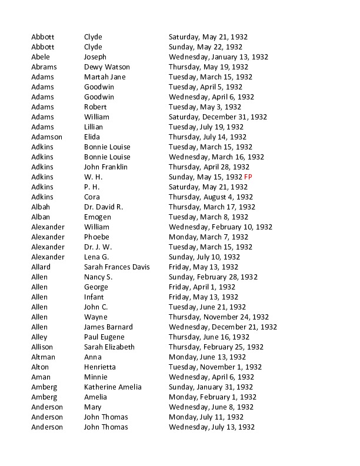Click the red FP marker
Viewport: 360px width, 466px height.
coord(248,177)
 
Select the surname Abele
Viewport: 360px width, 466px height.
coord(41,57)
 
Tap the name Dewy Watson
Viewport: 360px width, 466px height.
coord(107,67)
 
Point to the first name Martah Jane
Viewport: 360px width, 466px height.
coord(105,77)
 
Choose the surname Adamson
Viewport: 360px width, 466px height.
coord(46,137)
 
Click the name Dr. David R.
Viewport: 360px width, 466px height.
coord(104,207)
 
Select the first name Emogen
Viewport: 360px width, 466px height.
coord(98,217)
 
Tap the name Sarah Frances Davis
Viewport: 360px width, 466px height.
coord(117,267)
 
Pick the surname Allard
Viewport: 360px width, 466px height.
coord(41,267)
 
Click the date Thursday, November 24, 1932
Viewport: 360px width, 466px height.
coord(219,317)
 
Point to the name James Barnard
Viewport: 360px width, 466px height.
coord(108,327)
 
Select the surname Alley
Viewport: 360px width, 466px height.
coord(39,337)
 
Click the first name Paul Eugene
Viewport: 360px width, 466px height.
coord(105,337)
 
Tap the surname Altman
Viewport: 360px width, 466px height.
coord(44,357)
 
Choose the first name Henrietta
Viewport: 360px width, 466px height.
coord(100,367)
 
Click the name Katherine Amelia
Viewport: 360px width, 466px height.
coord(113,387)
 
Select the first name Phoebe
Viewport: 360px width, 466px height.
coord(96,237)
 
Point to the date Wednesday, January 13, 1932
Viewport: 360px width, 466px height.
coord(218,57)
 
